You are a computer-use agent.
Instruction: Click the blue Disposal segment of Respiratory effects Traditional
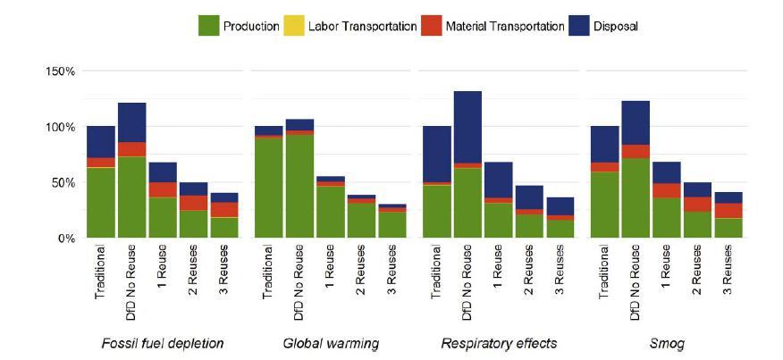[x=437, y=154]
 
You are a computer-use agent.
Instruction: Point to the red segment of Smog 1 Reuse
[x=666, y=190]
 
